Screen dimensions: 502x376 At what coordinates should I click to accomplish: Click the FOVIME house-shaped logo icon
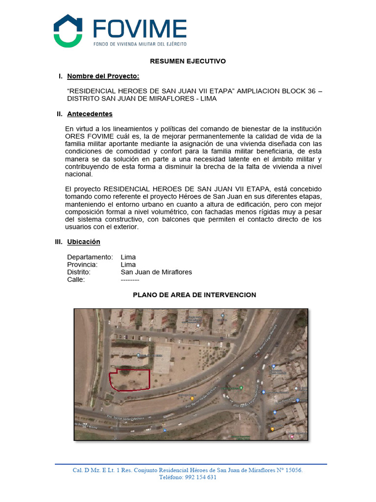coord(68,31)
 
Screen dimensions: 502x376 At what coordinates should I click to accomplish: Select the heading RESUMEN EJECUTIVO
coord(188,61)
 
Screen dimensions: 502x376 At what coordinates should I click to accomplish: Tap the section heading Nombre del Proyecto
coord(103,76)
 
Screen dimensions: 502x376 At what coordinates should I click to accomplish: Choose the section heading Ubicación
coord(83,242)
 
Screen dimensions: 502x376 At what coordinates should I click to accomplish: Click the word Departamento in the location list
coord(90,257)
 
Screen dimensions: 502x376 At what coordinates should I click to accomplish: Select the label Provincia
coord(82,265)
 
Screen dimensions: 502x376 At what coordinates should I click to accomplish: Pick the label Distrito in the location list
coord(79,272)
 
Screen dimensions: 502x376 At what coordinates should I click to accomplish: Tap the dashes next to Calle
coord(130,280)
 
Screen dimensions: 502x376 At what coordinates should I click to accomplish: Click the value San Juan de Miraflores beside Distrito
coord(156,272)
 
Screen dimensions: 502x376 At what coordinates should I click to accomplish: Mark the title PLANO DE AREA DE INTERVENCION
coord(194,295)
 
